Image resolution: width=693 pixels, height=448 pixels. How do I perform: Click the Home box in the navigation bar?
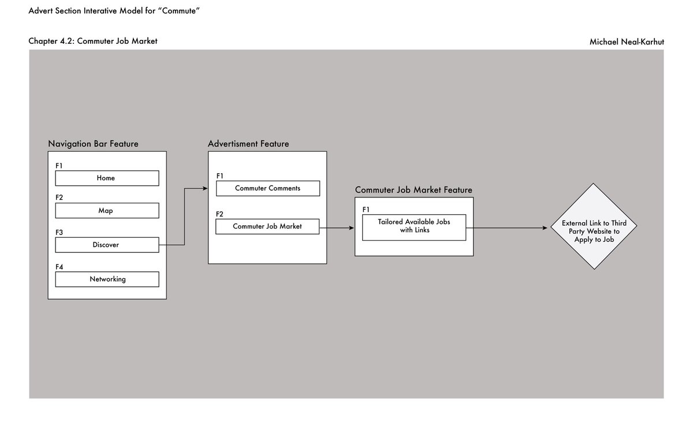(x=107, y=178)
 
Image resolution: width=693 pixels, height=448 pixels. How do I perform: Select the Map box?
(x=107, y=211)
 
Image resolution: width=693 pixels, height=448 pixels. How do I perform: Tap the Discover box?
(x=107, y=245)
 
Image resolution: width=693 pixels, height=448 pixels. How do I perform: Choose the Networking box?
(x=107, y=279)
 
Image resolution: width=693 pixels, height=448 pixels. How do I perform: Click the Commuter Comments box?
(x=267, y=188)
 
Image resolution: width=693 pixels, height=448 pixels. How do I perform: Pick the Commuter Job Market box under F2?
(x=267, y=226)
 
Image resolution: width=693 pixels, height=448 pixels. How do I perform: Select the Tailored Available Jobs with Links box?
(x=413, y=227)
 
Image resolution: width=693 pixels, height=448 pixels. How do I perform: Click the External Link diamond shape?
(x=594, y=227)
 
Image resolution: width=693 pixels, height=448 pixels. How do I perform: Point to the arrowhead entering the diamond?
(x=544, y=228)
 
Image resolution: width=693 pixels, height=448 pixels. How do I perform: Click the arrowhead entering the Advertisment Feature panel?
(x=205, y=188)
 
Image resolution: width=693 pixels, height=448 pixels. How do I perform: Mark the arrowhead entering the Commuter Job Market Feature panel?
(x=351, y=228)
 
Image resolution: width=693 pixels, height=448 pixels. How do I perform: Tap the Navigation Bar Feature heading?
(x=93, y=144)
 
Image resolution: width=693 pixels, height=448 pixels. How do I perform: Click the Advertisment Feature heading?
(x=248, y=144)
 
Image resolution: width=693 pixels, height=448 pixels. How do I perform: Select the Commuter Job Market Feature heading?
(x=413, y=190)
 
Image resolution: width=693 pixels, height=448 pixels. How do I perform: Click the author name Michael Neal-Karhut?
(x=627, y=42)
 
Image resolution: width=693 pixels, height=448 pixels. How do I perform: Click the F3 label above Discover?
(x=59, y=232)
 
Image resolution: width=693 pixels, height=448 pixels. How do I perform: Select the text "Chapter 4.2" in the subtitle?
(x=51, y=41)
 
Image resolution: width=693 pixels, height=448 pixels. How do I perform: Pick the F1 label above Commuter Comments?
(x=219, y=176)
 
